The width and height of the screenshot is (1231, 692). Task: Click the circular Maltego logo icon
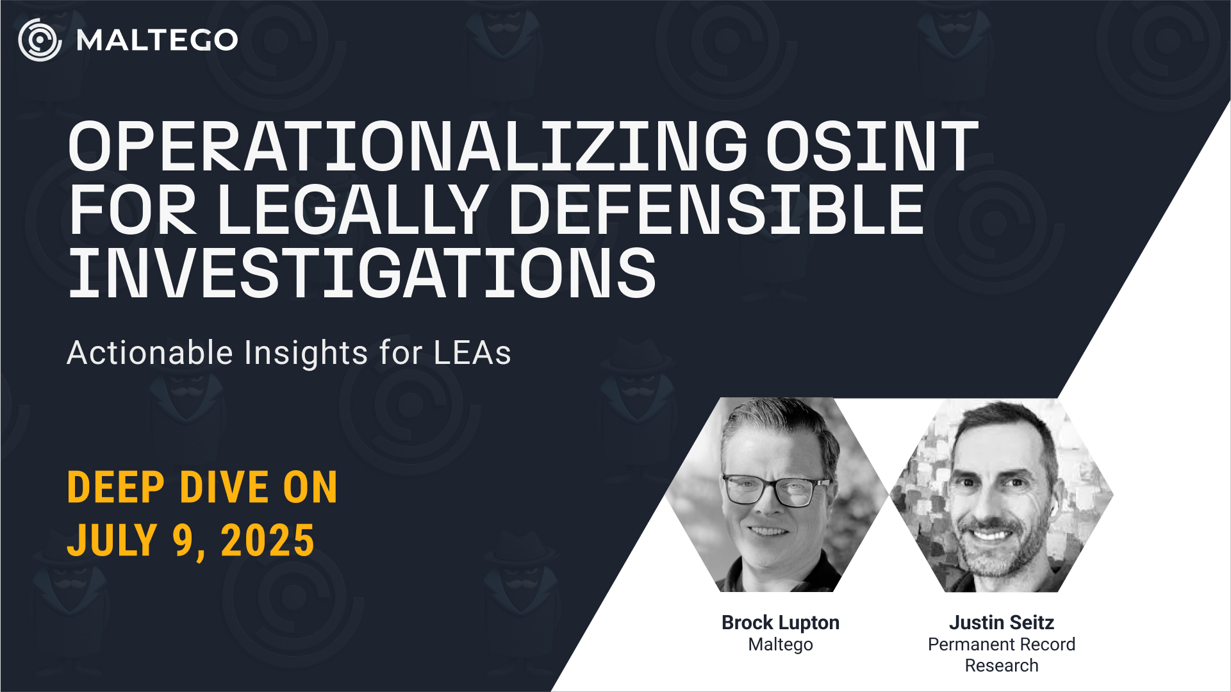[40, 40]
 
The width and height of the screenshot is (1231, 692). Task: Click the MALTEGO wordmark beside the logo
[157, 40]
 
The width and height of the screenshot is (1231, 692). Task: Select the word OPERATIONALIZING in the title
[408, 147]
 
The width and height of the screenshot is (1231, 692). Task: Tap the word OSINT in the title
[872, 147]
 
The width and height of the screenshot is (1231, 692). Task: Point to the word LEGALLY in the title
[352, 210]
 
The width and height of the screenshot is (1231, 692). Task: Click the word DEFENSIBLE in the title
[716, 210]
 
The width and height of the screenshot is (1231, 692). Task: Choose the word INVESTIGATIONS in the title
[362, 274]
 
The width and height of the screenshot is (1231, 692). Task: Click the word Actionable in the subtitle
[150, 352]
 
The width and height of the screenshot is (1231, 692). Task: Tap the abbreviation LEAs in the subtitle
[472, 353]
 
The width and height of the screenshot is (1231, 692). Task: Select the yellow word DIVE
[224, 488]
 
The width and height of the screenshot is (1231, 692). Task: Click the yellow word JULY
[112, 540]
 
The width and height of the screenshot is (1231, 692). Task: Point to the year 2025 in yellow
[267, 540]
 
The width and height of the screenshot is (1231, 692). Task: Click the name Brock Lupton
[781, 623]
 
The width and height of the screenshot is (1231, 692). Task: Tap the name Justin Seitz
[1002, 622]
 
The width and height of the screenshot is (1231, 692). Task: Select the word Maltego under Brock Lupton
[781, 645]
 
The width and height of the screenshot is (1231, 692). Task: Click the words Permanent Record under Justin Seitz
[1002, 644]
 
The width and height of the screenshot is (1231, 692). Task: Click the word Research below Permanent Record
[1002, 666]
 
